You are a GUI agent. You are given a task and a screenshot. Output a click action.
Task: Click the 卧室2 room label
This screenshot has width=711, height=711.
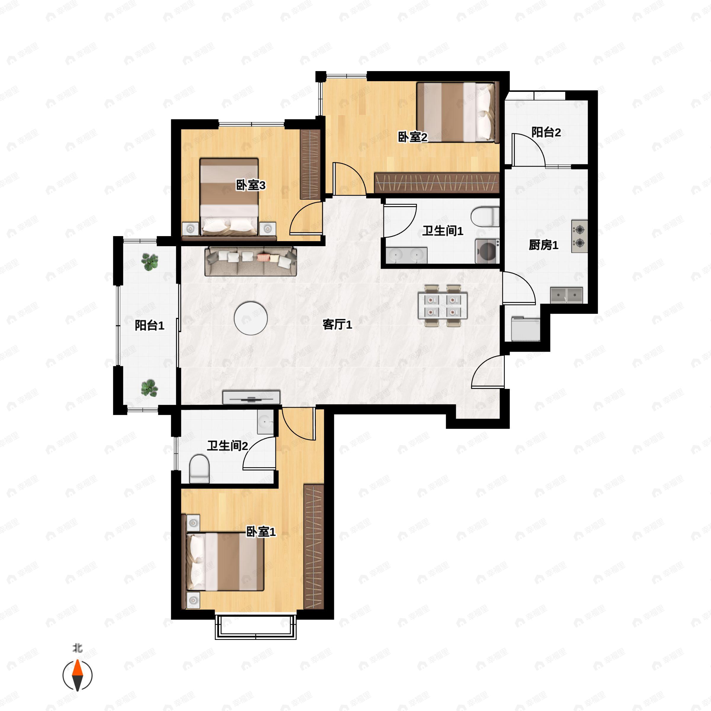pos(413,137)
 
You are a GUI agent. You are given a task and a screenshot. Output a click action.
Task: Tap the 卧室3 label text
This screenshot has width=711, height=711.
pos(251,185)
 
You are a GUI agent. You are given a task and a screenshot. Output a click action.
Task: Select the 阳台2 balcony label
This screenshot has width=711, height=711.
pos(546,132)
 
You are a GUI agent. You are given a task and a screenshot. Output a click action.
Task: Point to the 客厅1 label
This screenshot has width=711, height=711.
pos(337,324)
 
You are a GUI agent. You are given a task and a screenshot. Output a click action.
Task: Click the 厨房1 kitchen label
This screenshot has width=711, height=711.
pos(544,245)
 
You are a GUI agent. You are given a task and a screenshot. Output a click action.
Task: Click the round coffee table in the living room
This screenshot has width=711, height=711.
pos(251,318)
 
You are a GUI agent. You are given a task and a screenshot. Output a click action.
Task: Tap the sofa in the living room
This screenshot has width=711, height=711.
pos(251,261)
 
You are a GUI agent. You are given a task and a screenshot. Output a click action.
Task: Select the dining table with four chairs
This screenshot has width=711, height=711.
pos(442,305)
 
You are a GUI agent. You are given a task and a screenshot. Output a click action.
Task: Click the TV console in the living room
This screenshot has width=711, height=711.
pos(251,397)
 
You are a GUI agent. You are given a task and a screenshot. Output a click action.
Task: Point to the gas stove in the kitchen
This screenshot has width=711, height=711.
pos(579,236)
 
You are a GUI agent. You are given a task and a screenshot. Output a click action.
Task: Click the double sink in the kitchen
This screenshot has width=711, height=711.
pos(566,295)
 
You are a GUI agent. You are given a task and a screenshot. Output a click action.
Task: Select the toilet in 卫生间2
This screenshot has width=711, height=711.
pos(199,469)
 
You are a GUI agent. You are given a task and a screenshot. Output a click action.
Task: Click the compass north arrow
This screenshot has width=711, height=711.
pos(77,675)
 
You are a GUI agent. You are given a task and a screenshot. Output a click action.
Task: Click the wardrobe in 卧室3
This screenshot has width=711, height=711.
pos(310,164)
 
